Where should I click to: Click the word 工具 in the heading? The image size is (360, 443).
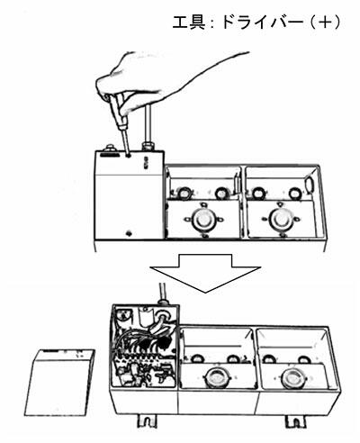coord(189,23)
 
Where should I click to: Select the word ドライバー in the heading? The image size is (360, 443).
coord(262,23)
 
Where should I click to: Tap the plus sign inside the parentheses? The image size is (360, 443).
coord(325,23)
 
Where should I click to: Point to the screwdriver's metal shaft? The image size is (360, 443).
coord(126,142)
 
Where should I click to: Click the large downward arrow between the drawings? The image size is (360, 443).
coord(205,273)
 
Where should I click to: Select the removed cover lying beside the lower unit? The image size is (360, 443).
coord(59,383)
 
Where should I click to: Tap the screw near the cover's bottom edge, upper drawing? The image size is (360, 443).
coord(129,232)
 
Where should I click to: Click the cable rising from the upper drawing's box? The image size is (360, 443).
coord(148,123)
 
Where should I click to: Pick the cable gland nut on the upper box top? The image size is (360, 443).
coord(148,147)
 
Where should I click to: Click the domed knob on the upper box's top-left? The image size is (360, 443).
coord(111,148)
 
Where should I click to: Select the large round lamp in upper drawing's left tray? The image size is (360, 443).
coord(202,219)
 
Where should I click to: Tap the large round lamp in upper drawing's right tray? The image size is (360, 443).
coord(281,219)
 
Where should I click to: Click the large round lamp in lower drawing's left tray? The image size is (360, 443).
coord(218,376)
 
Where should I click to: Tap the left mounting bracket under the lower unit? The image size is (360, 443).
coord(148,421)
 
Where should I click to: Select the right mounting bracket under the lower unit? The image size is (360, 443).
coord(294,421)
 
